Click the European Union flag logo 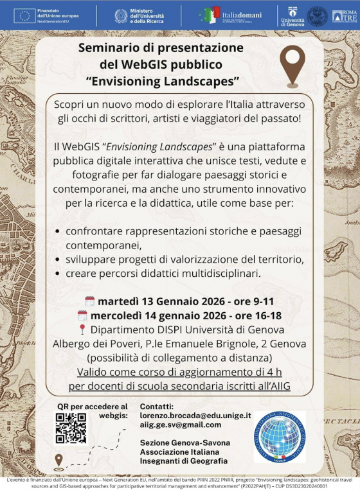tap(26, 15)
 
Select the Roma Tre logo tap(345, 16)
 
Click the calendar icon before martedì tap(90, 301)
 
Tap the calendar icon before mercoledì tap(82, 315)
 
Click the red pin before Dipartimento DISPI tap(82, 329)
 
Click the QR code tap(71, 428)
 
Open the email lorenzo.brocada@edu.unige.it tap(195, 416)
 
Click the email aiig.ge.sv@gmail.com tap(180, 425)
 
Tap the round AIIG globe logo tap(280, 437)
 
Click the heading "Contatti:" tap(157, 407)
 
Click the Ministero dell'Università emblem tap(121, 16)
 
